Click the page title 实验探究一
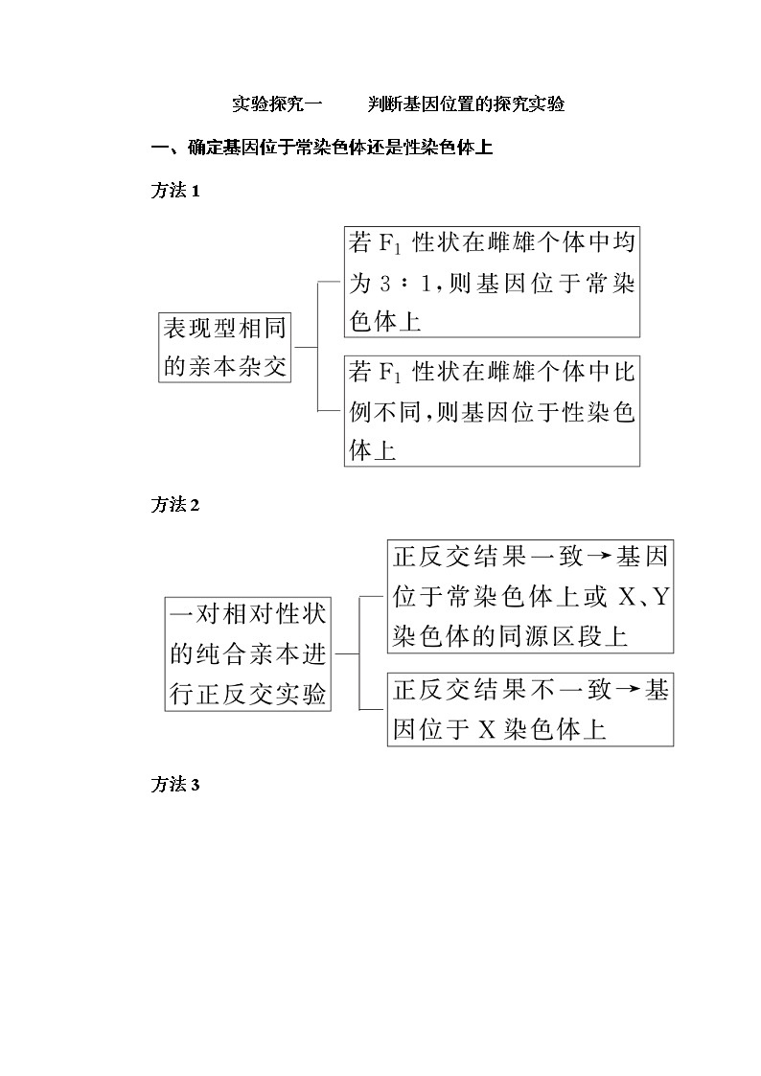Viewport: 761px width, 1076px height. (279, 104)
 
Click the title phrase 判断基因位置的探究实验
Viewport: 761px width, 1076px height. (467, 104)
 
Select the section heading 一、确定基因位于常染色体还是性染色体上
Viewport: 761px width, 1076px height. (323, 148)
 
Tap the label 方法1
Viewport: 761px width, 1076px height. (174, 191)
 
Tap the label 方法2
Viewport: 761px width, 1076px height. (174, 505)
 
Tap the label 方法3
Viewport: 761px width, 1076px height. (174, 785)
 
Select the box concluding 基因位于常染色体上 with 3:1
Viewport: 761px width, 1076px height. (492, 283)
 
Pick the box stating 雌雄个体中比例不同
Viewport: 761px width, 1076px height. (492, 412)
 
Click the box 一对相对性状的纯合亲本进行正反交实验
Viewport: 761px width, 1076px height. (248, 654)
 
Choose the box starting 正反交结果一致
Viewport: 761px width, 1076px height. (531, 596)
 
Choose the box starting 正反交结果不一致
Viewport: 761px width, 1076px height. (531, 709)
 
